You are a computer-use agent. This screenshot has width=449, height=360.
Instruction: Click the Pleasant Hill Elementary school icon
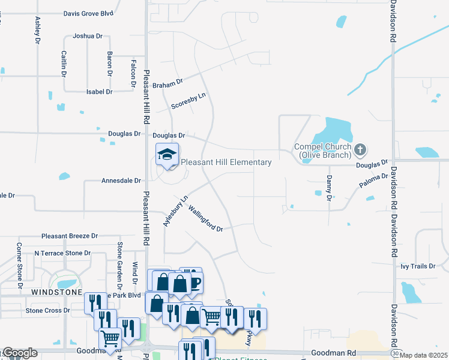(167, 155)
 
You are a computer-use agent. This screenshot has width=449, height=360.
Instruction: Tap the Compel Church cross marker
(360, 149)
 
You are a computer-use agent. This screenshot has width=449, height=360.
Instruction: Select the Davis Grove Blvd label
(88, 13)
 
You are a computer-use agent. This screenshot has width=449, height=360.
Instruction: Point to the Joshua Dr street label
(88, 36)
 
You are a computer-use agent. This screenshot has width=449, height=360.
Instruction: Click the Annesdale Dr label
(121, 180)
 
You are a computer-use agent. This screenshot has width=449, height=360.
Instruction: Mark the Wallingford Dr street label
(206, 219)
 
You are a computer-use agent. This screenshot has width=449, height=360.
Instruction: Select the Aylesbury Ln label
(175, 211)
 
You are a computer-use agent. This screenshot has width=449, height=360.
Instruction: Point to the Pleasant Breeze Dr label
(70, 236)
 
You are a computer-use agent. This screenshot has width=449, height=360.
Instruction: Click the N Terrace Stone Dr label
(62, 253)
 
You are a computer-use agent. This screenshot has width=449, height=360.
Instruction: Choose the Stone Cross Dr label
(47, 311)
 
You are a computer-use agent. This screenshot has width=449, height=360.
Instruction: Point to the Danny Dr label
(329, 188)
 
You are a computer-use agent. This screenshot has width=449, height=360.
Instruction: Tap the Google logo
(20, 353)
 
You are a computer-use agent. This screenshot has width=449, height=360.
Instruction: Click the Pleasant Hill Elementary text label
(226, 162)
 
